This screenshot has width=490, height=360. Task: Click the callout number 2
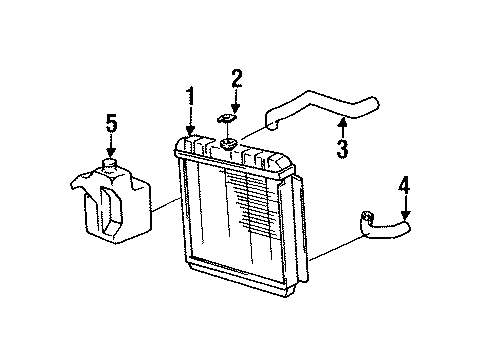pyautogui.click(x=237, y=79)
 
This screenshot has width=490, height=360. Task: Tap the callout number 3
pyautogui.click(x=342, y=151)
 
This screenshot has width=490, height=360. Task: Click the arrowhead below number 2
pyautogui.click(x=237, y=113)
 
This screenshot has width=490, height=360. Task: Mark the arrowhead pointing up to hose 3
pyautogui.click(x=342, y=123)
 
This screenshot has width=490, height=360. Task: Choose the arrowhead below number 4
pyautogui.click(x=405, y=218)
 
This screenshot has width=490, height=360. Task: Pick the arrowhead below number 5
pyautogui.click(x=112, y=152)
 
